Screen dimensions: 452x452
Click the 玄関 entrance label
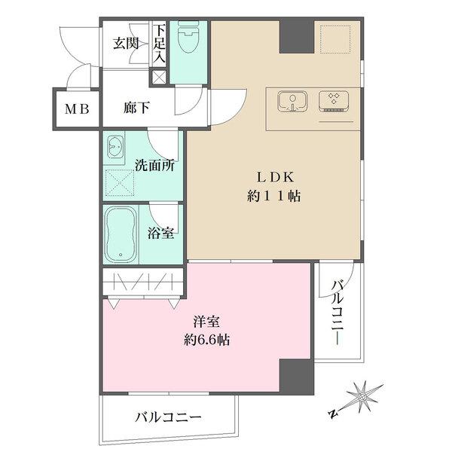click(127, 43)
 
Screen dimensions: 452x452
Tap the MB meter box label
click(75, 108)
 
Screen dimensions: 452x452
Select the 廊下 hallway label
click(136, 108)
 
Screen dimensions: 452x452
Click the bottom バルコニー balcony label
click(168, 417)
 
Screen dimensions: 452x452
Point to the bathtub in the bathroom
click(121, 234)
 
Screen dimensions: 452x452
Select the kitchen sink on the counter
click(292, 102)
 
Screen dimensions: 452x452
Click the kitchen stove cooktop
click(332, 102)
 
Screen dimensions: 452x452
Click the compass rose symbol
click(364, 398)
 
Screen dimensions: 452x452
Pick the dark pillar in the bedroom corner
click(296, 376)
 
